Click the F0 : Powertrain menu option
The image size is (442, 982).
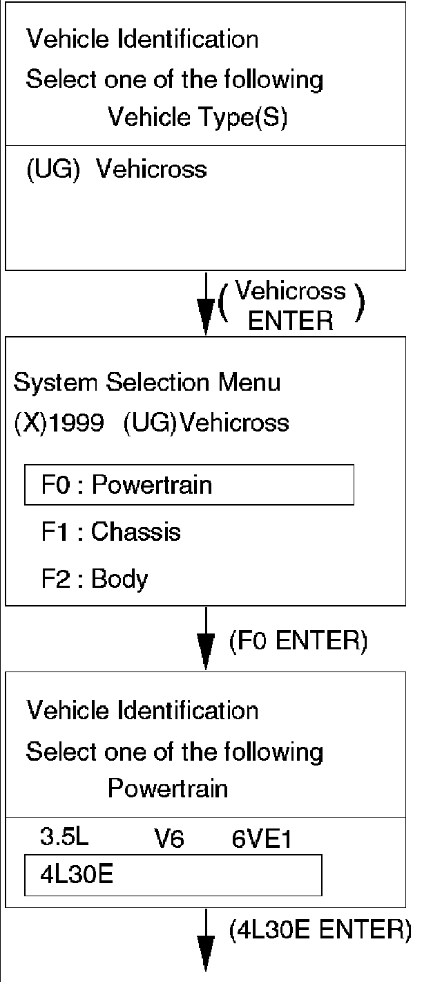(189, 485)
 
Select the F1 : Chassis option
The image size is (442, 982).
(110, 532)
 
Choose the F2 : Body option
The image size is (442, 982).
(94, 579)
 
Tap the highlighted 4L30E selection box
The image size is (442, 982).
(173, 875)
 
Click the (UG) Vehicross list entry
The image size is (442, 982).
(116, 169)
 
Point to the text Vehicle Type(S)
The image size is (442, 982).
(198, 118)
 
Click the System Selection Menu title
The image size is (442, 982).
(147, 382)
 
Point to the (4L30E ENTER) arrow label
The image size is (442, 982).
(320, 931)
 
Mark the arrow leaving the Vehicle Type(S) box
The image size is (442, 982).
(206, 304)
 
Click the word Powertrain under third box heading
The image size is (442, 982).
(167, 789)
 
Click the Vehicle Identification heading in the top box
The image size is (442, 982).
(142, 39)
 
